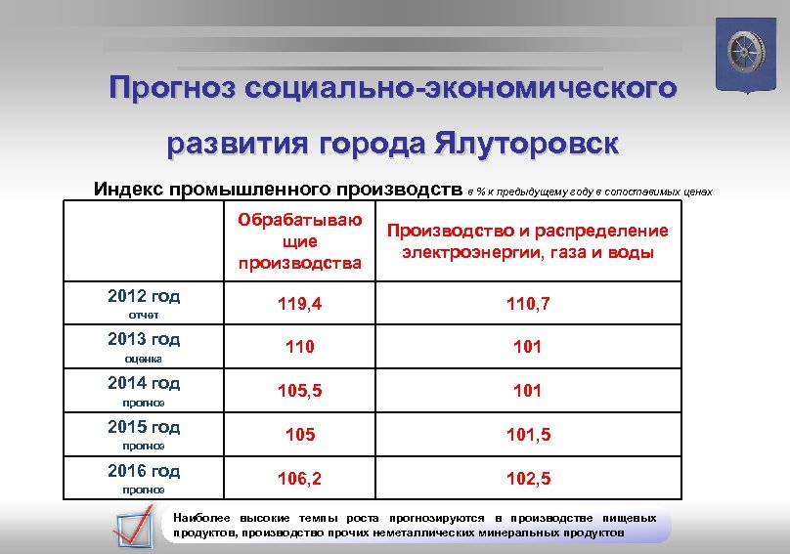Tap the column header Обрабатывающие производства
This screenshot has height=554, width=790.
[x=299, y=240]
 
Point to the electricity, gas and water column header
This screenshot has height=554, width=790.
[x=527, y=241]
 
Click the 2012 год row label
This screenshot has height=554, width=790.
[x=144, y=296]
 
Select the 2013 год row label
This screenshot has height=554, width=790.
[x=144, y=339]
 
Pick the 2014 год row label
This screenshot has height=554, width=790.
[x=144, y=383]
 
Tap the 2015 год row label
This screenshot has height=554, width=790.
[x=144, y=427]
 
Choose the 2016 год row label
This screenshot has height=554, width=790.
[x=144, y=471]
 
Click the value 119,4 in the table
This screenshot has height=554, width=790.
[x=299, y=304]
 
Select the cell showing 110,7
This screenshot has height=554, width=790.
[x=527, y=304]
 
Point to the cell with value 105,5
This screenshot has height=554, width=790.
[x=299, y=391]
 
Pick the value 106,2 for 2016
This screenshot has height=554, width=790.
[x=299, y=479]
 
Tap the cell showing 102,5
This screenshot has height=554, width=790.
[x=527, y=479]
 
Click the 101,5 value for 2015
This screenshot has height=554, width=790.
[x=527, y=435]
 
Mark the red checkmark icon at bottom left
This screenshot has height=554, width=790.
[x=132, y=525]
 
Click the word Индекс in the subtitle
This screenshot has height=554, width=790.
[x=128, y=188]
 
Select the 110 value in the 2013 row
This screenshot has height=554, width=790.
[x=299, y=347]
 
